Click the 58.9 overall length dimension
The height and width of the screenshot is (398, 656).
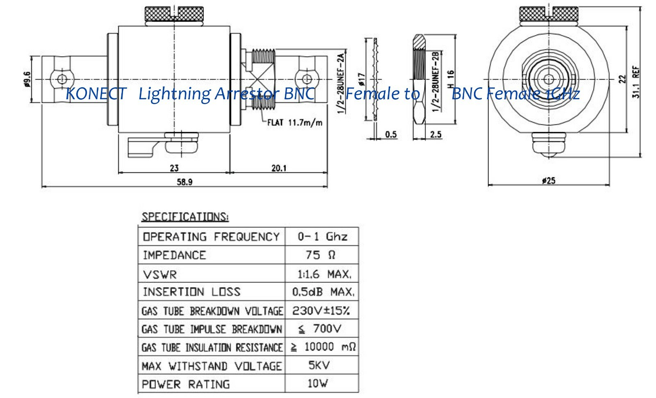tap(184, 182)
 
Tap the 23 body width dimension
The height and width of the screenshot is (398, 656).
tap(174, 168)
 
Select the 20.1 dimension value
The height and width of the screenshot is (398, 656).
tap(279, 168)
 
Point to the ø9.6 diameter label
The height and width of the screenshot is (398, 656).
tap(27, 80)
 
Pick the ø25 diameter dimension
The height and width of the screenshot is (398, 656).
tap(548, 180)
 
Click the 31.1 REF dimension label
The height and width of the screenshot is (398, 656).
tap(636, 82)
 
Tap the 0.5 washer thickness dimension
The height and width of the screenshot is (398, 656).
tap(391, 134)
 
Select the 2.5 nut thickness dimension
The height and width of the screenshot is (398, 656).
tap(436, 134)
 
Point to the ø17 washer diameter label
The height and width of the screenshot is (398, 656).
tap(361, 80)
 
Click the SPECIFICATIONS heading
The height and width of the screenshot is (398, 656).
tap(185, 217)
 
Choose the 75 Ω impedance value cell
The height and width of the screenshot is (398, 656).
tap(321, 255)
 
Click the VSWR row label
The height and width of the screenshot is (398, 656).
tap(160, 274)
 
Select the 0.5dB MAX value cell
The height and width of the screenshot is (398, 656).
tap(323, 292)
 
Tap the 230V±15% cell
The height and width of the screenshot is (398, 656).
tap(321, 310)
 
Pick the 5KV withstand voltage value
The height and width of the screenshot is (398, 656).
tap(319, 365)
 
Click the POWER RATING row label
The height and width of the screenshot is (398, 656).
tap(186, 384)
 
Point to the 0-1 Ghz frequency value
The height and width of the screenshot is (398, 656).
tap(322, 237)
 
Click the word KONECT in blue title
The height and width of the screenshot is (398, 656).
tap(96, 94)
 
